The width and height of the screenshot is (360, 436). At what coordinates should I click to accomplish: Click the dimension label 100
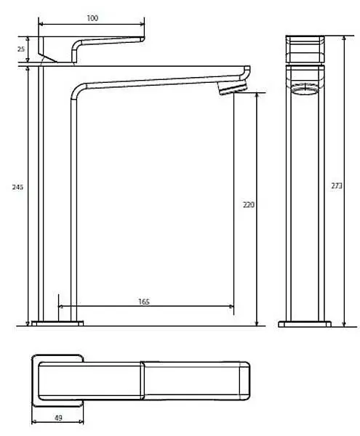click(x=92, y=18)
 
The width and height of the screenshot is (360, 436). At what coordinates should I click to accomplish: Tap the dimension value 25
click(x=21, y=49)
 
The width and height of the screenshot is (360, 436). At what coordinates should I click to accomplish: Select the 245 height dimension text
click(x=17, y=187)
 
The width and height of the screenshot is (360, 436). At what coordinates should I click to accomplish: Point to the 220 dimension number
click(x=249, y=205)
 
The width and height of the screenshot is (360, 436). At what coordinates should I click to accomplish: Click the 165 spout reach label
click(x=144, y=302)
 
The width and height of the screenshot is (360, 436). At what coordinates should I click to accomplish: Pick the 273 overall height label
click(x=337, y=185)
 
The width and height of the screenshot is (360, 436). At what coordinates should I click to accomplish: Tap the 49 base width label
click(x=58, y=418)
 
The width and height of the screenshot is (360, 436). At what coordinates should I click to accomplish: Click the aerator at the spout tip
click(x=233, y=88)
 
